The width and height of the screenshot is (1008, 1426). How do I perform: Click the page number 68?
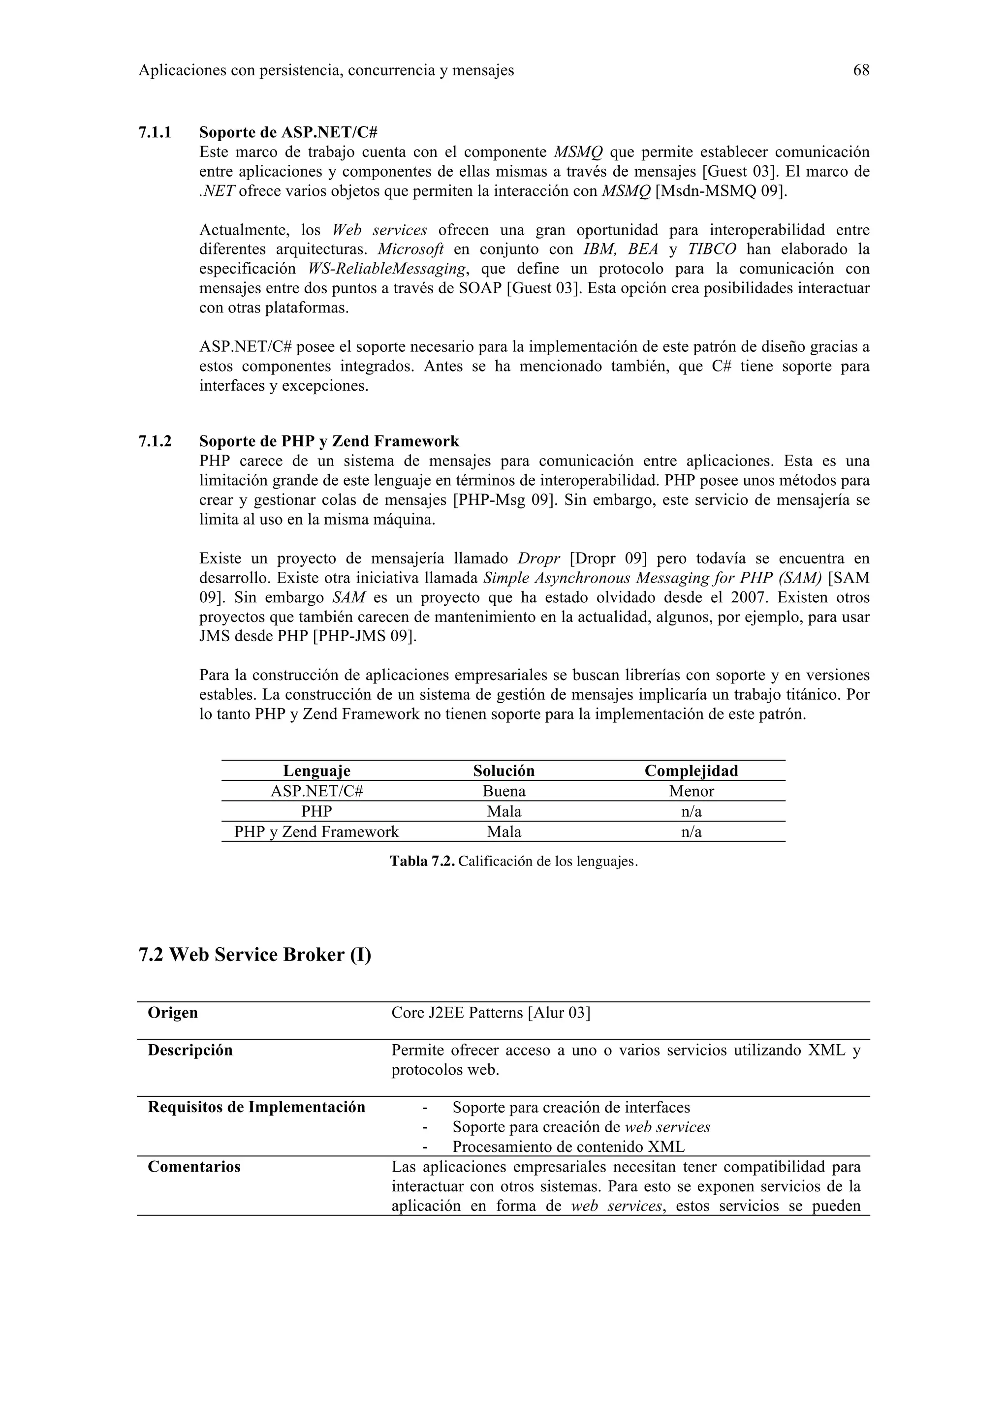(x=861, y=70)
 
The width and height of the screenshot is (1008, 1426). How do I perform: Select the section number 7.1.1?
(x=155, y=132)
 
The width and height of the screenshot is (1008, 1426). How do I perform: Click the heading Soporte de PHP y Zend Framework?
(x=329, y=441)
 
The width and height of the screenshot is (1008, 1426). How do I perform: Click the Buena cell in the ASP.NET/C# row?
(x=504, y=791)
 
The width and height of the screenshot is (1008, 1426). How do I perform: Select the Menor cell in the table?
(x=691, y=791)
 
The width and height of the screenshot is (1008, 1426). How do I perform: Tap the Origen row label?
(x=173, y=1013)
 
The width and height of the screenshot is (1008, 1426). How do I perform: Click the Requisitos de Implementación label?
(x=256, y=1107)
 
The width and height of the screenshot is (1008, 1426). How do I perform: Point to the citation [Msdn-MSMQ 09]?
(x=721, y=191)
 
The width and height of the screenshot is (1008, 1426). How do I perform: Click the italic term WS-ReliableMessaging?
(x=387, y=269)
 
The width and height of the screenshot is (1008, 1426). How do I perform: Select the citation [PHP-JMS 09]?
(x=365, y=637)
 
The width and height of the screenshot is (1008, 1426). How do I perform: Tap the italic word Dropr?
(x=538, y=558)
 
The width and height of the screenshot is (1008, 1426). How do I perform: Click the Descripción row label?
(x=190, y=1050)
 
